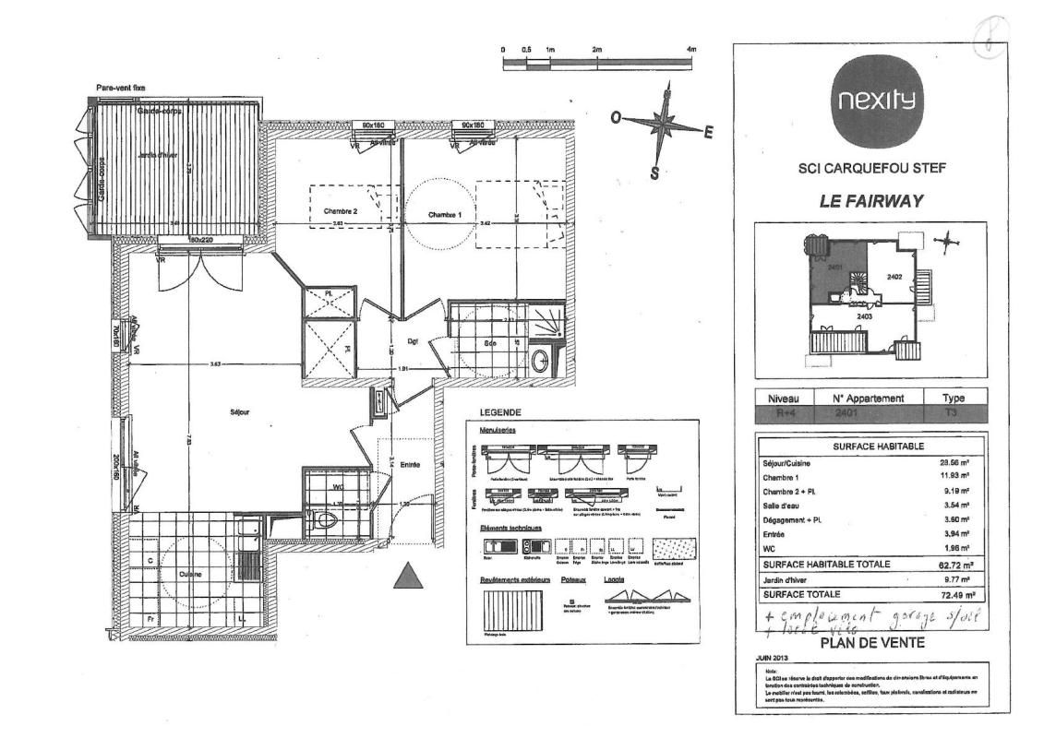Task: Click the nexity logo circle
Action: pyautogui.click(x=871, y=101)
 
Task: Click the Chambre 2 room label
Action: pyautogui.click(x=340, y=211)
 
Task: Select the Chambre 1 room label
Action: pyautogui.click(x=445, y=214)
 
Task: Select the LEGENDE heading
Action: pyautogui.click(x=499, y=412)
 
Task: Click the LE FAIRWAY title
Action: pyautogui.click(x=870, y=201)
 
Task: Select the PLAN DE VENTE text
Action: pyautogui.click(x=871, y=642)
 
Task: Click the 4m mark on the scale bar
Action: pyautogui.click(x=690, y=49)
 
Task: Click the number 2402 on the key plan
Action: pyautogui.click(x=894, y=276)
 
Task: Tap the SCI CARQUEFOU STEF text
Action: pyautogui.click(x=871, y=168)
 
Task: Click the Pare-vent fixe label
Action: pyautogui.click(x=120, y=88)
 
